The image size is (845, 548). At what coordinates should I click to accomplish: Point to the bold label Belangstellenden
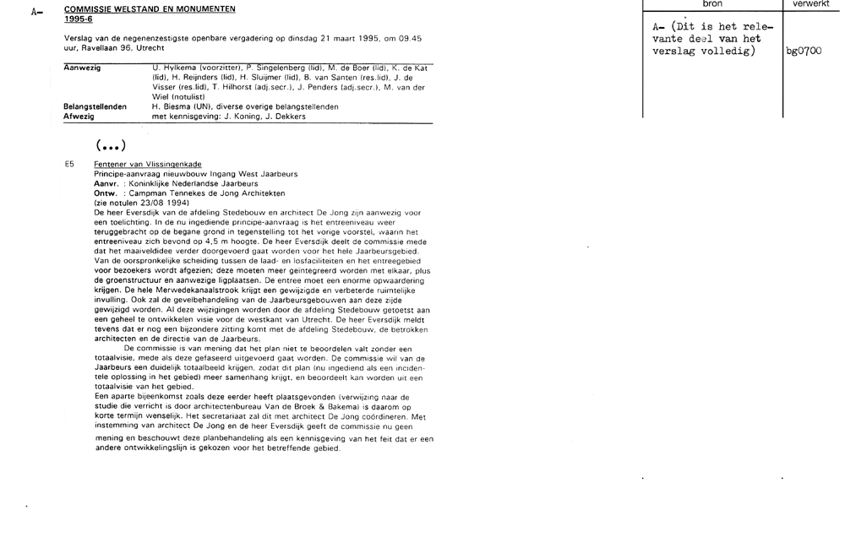(95, 107)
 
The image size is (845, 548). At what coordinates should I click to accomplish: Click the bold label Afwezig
(78, 117)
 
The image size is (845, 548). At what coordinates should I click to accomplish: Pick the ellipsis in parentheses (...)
(112, 145)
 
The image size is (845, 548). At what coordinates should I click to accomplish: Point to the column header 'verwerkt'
(812, 4)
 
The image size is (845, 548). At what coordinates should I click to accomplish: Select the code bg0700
(804, 52)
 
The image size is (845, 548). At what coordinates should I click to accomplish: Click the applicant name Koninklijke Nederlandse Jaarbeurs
(187, 182)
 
